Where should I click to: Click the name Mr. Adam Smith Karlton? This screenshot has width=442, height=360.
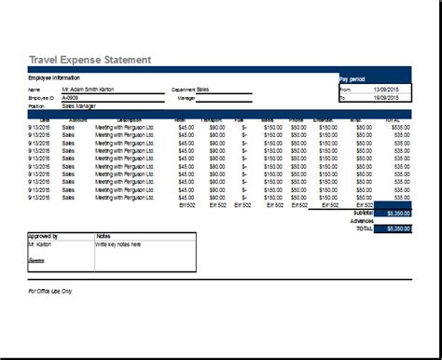[x=92, y=90]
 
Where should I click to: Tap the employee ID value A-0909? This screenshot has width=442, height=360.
[x=71, y=97]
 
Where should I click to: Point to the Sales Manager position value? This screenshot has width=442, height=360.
[x=80, y=105]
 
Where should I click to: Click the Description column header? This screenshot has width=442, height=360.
[x=130, y=119]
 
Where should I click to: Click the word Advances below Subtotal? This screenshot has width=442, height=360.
[x=362, y=220]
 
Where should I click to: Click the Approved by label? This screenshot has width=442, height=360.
[x=43, y=237]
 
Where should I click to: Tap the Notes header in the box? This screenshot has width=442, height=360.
[x=104, y=237]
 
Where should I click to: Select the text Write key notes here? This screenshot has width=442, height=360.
[x=117, y=244]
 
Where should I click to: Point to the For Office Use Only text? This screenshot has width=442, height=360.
[x=50, y=290]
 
